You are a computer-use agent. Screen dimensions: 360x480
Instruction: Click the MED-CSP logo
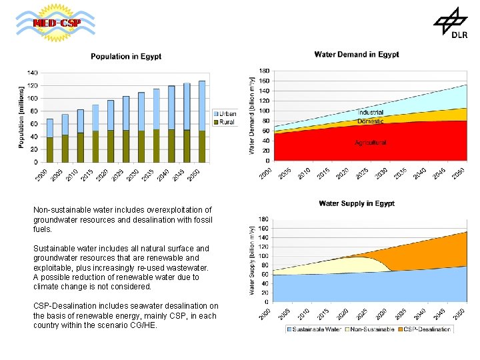pos(56,23)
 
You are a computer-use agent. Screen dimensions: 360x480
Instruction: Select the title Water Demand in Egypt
pos(356,55)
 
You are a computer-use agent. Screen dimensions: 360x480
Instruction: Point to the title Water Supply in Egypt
pos(357,203)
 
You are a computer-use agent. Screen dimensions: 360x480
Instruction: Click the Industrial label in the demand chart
pos(370,113)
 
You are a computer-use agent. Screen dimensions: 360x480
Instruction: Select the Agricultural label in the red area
pos(370,142)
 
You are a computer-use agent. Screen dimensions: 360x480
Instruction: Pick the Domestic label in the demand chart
pos(370,121)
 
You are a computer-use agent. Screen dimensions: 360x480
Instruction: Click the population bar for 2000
pos(50,141)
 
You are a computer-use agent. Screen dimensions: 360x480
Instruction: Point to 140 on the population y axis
pos(33,72)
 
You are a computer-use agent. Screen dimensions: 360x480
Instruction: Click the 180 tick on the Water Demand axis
pos(264,71)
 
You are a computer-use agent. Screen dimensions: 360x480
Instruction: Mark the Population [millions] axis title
pos(22,117)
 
